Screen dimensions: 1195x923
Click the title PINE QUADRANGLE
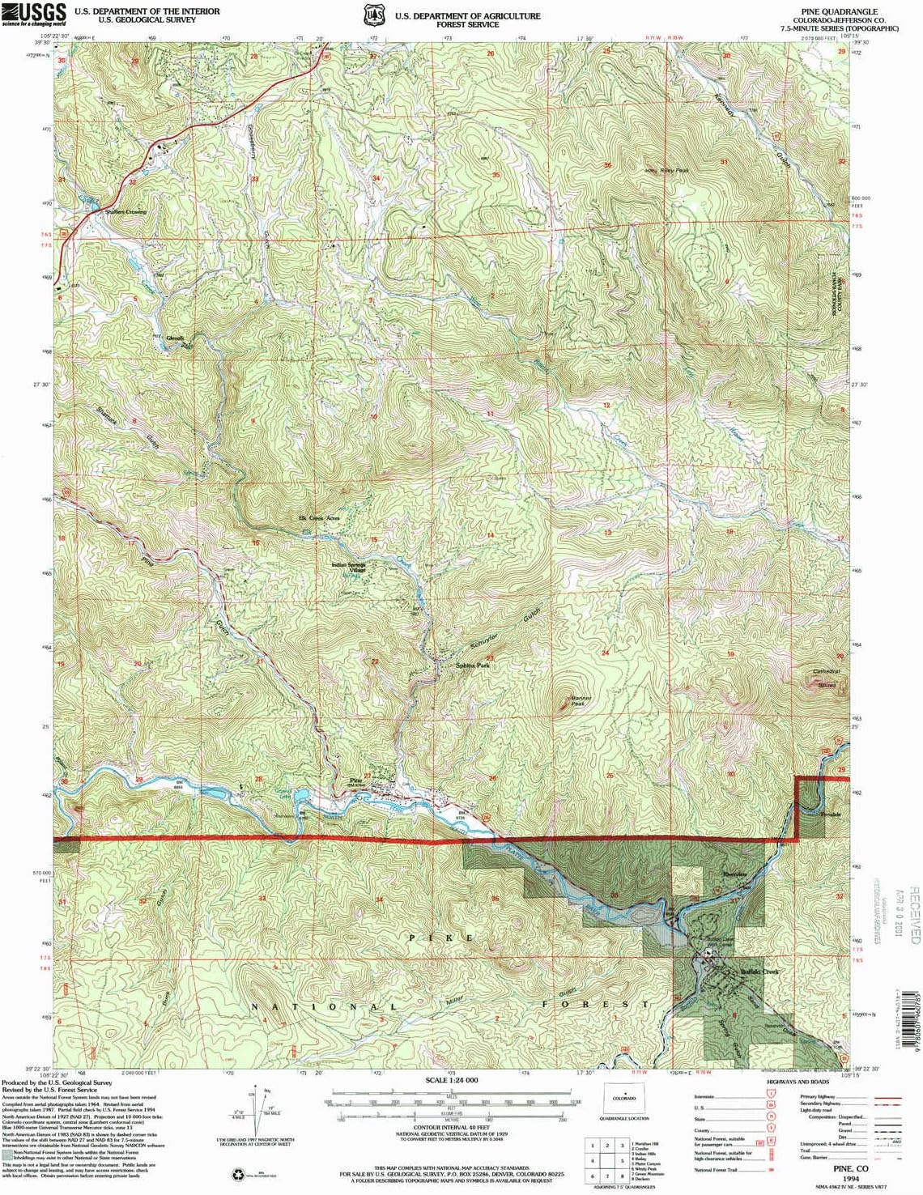point(838,11)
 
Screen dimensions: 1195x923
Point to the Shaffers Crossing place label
point(125,212)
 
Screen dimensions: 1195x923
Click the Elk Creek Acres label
point(319,517)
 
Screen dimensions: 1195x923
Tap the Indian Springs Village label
point(348,568)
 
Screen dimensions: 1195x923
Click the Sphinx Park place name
point(472,665)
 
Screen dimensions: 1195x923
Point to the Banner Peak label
point(581,700)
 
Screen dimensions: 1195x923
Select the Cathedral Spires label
point(827,678)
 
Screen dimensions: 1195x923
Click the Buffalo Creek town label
point(759,972)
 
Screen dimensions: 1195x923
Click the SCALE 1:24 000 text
point(452,1080)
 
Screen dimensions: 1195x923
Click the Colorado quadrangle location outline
point(624,1099)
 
